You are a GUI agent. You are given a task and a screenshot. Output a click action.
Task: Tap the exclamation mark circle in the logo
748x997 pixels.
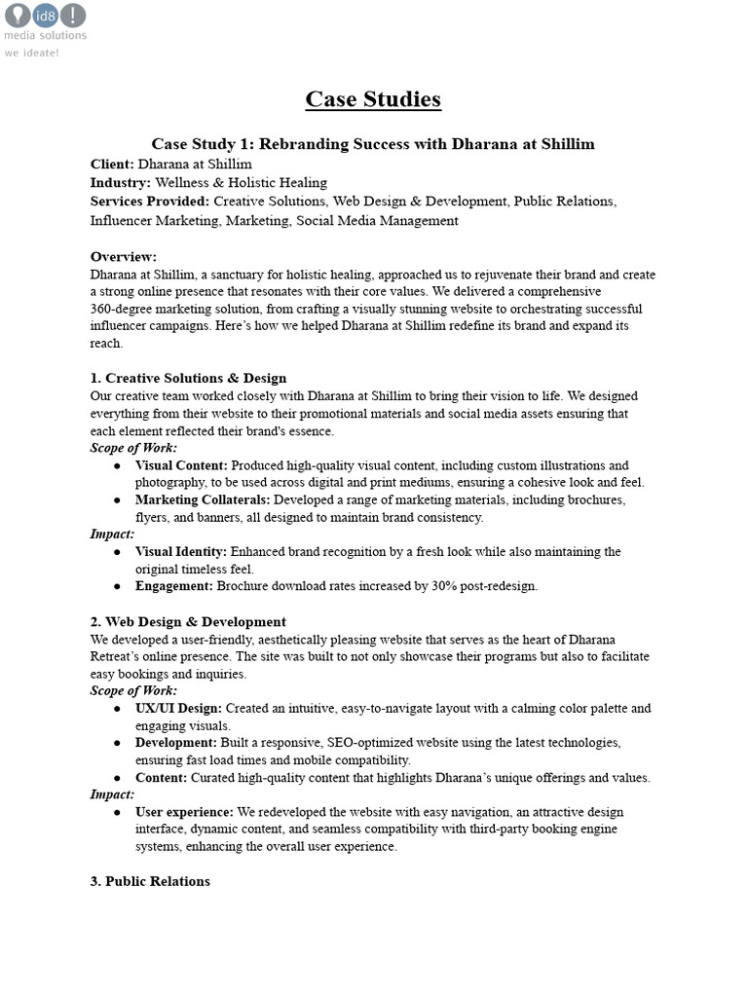click(73, 15)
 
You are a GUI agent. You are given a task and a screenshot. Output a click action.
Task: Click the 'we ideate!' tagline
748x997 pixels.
click(31, 53)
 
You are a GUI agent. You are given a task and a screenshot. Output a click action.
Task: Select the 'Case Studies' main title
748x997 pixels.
click(373, 99)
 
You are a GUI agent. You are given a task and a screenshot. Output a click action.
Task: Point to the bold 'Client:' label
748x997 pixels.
click(112, 164)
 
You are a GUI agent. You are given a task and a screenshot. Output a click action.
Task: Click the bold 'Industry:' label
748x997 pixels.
click(121, 182)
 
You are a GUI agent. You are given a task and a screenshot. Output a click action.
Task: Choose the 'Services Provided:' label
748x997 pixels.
click(150, 202)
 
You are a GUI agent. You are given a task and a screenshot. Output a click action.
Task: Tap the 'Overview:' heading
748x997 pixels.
click(124, 257)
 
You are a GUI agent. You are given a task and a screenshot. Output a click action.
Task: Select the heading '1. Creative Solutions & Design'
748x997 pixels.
click(189, 378)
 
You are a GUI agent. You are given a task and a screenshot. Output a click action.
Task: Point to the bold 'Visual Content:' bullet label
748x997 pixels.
click(181, 465)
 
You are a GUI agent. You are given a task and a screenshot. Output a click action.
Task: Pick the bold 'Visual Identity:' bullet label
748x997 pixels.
click(181, 552)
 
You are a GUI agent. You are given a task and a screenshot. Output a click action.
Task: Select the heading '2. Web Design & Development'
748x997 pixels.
click(188, 621)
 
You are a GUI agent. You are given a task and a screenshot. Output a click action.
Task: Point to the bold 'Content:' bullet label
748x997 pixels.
click(161, 778)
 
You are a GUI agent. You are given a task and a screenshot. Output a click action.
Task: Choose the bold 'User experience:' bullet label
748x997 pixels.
click(184, 812)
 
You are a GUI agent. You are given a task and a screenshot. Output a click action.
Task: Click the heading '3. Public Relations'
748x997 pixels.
click(150, 881)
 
